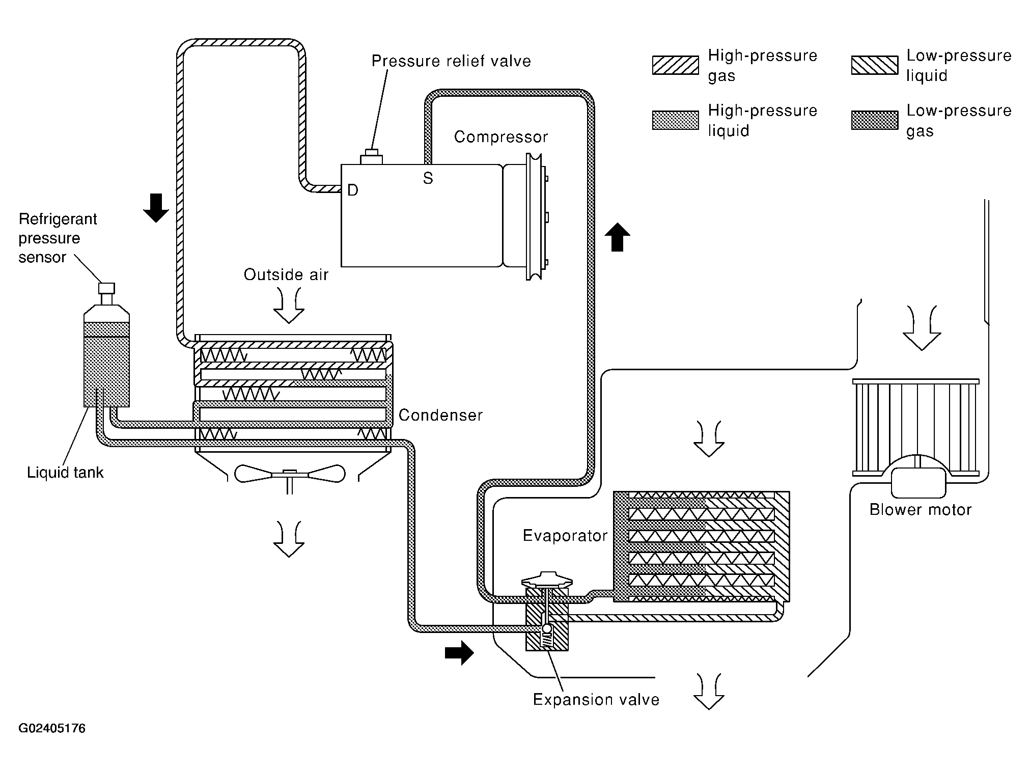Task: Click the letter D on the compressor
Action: [352, 190]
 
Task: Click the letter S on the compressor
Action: [428, 178]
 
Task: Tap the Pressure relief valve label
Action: [451, 61]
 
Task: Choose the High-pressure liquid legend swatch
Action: [675, 121]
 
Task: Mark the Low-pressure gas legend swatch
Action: [875, 121]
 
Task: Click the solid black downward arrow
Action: [155, 208]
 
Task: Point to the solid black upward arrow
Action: [617, 237]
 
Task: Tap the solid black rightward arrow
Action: [459, 653]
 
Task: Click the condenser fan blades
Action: [289, 474]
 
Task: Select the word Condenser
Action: [440, 415]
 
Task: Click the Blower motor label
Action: [921, 510]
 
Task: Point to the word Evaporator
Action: [565, 536]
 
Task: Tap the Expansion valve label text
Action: [596, 700]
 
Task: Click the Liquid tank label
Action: [65, 473]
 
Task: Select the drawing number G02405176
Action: [52, 728]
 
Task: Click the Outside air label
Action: [286, 275]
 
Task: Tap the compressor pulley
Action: [535, 216]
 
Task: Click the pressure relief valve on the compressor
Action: [371, 157]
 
